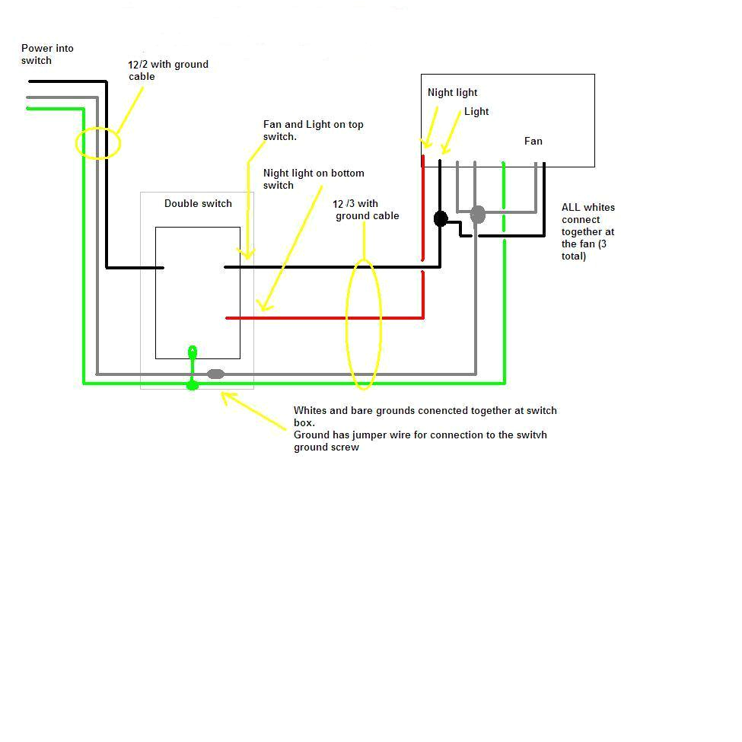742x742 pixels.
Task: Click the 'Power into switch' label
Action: pyautogui.click(x=47, y=54)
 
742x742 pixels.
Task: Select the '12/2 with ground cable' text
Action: pyautogui.click(x=168, y=70)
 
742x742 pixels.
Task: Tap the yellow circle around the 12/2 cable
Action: pyautogui.click(x=98, y=143)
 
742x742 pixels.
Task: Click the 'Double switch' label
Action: pyautogui.click(x=198, y=203)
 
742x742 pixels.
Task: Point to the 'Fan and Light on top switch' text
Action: pyautogui.click(x=313, y=130)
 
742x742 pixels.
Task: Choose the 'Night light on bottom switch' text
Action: pyautogui.click(x=314, y=179)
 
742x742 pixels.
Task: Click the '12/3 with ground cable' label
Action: pyautogui.click(x=366, y=209)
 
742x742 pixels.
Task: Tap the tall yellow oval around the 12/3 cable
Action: pyautogui.click(x=364, y=324)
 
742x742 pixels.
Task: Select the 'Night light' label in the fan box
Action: pyautogui.click(x=452, y=93)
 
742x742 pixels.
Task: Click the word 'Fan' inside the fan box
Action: pyautogui.click(x=533, y=141)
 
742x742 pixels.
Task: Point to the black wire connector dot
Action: pyautogui.click(x=440, y=219)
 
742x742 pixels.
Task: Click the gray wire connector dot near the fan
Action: pyautogui.click(x=477, y=215)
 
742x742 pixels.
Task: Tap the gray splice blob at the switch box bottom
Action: pyautogui.click(x=216, y=374)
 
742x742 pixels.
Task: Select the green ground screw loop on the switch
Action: pyautogui.click(x=193, y=352)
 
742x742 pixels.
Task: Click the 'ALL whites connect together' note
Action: pyautogui.click(x=588, y=231)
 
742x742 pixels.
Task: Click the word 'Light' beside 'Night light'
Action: pyautogui.click(x=476, y=112)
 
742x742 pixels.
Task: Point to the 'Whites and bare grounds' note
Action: pyautogui.click(x=425, y=428)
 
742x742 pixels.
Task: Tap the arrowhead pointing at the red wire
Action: pyautogui.click(x=263, y=307)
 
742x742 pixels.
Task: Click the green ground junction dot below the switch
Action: pyautogui.click(x=192, y=385)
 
